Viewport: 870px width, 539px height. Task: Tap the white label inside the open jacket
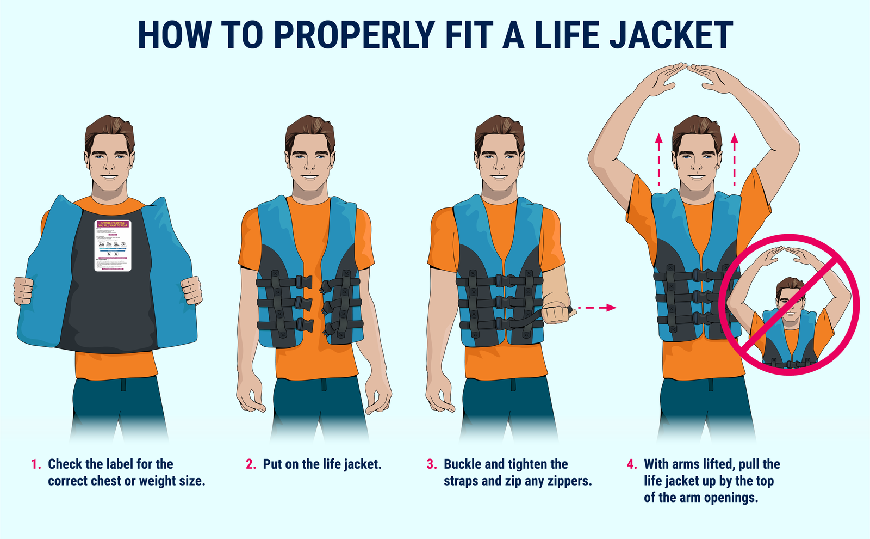tap(113, 246)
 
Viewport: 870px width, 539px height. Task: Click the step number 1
tap(36, 464)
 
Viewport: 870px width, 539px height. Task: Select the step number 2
tap(251, 464)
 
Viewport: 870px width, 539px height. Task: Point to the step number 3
tap(431, 464)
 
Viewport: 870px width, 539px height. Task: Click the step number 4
tap(632, 464)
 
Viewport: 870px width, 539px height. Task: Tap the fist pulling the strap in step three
tap(557, 313)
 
